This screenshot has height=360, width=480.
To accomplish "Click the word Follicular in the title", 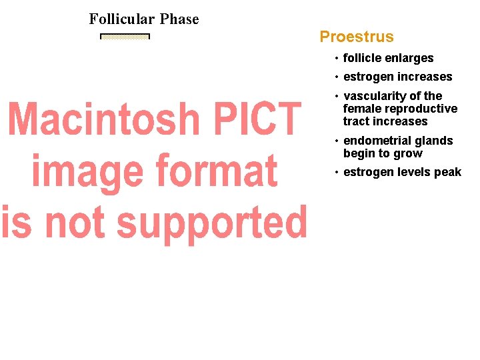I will coord(122,19).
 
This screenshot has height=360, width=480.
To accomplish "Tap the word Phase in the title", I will coord(179,19).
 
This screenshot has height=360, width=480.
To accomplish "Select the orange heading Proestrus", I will coord(357,37).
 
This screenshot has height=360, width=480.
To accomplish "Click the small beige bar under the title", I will coord(125,37).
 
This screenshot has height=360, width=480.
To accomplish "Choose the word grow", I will coord(409,153).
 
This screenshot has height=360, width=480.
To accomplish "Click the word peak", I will coord(447,172).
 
